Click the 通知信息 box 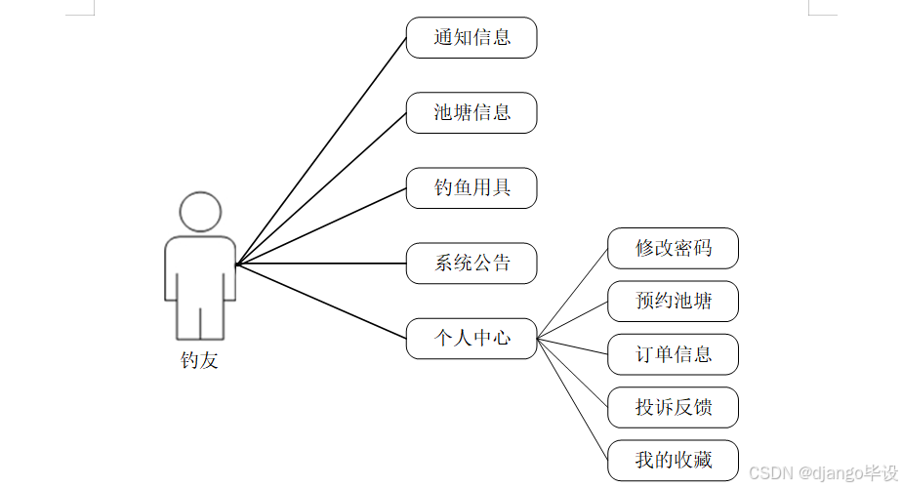(x=471, y=38)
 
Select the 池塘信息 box (x=471, y=112)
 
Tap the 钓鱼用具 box (x=471, y=187)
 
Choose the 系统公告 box (x=471, y=263)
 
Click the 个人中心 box (x=471, y=339)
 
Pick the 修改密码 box (x=673, y=248)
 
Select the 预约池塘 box (x=673, y=301)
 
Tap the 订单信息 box (x=673, y=353)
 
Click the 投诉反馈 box (x=673, y=407)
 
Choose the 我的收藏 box (x=673, y=460)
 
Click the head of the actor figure (x=200, y=212)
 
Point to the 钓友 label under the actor (x=200, y=360)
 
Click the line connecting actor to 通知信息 (x=321, y=151)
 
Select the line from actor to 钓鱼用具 (x=321, y=225)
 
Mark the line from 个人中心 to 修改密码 (x=573, y=294)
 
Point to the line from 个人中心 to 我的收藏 (x=573, y=399)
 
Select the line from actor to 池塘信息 (x=321, y=188)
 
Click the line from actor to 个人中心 (x=321, y=301)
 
